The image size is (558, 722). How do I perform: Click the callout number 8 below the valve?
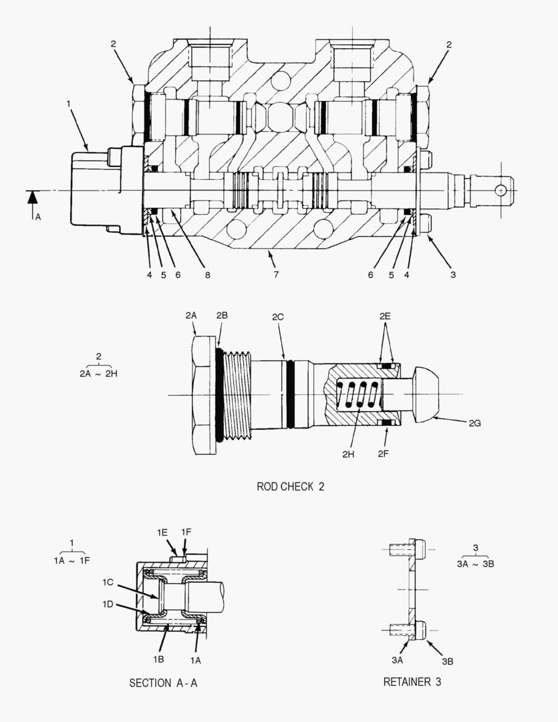[207, 275]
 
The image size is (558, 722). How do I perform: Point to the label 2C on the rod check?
[277, 316]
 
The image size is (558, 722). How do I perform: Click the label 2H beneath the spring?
[348, 454]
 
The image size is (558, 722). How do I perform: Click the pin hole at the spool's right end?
[501, 191]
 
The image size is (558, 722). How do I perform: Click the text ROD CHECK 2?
[290, 487]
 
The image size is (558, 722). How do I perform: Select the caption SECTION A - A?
[163, 683]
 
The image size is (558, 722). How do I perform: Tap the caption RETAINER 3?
[412, 682]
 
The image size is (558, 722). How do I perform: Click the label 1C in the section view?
[108, 582]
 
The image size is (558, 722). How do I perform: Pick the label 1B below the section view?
[158, 658]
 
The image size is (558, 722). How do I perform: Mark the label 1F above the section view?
[186, 531]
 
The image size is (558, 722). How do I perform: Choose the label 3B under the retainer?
[447, 660]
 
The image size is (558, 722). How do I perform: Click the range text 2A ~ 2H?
[98, 374]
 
